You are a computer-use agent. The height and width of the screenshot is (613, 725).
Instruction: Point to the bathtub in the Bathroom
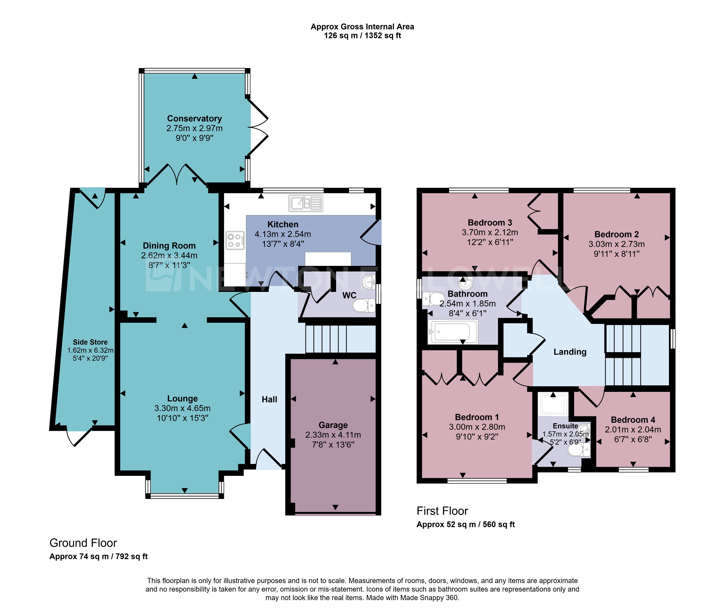pos(452,332)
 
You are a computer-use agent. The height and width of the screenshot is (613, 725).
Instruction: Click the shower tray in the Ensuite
pos(553,404)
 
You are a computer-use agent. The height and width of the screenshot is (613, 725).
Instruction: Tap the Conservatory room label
pos(194,118)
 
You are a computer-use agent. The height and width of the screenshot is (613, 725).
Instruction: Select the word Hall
pos(269,399)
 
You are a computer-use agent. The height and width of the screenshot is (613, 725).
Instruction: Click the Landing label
pos(569,352)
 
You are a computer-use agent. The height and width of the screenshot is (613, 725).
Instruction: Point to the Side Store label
pos(90,342)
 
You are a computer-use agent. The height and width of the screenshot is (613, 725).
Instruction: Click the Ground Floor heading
pos(83,543)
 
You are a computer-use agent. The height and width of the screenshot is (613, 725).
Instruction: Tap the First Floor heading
pos(442,511)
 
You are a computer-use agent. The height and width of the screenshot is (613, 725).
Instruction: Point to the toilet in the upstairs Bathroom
pos(433,298)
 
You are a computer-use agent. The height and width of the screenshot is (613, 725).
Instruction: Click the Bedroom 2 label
pos(616,234)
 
